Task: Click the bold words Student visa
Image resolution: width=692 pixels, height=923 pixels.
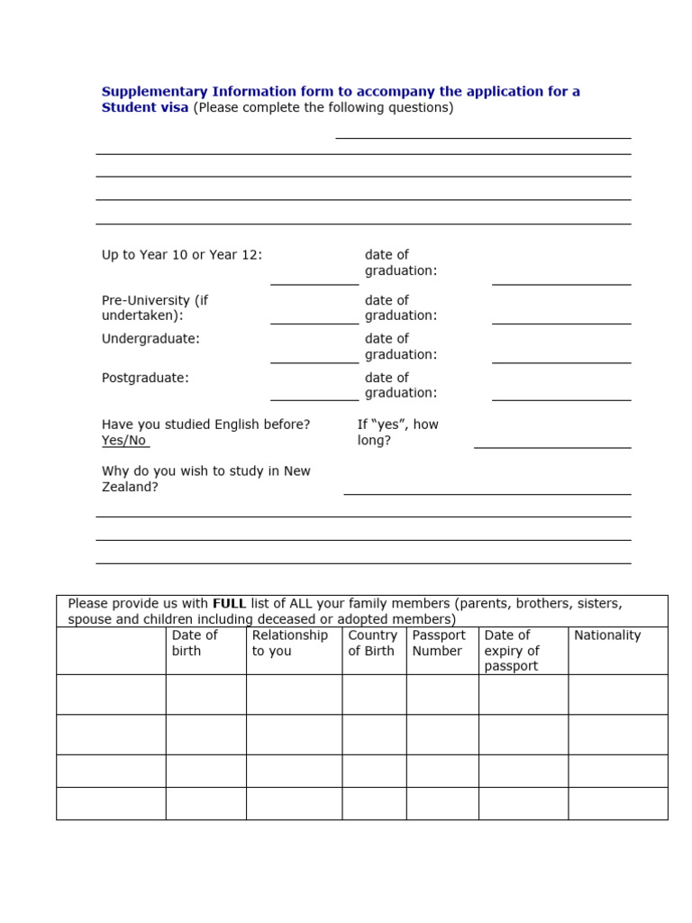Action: [x=145, y=108]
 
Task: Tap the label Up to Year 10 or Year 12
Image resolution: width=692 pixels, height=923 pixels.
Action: [x=182, y=255]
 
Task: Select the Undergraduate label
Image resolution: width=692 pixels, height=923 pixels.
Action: [x=150, y=339]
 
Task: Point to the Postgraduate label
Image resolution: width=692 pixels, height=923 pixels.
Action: [x=145, y=379]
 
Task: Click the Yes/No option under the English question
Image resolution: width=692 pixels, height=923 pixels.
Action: [x=123, y=441]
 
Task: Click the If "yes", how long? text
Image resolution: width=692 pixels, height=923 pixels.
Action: [x=397, y=433]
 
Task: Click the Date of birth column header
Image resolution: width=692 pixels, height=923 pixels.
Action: [x=195, y=643]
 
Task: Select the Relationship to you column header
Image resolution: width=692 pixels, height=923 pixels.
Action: [x=290, y=643]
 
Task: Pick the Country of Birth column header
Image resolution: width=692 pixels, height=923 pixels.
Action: [x=372, y=643]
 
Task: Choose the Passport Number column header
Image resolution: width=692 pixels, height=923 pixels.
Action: [x=439, y=643]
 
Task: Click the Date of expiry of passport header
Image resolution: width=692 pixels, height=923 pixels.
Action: [x=512, y=651]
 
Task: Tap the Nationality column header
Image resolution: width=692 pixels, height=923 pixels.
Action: [x=607, y=635]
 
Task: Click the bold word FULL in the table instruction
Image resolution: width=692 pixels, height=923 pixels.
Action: [x=229, y=604]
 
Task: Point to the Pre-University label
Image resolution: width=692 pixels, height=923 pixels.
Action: [x=155, y=308]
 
